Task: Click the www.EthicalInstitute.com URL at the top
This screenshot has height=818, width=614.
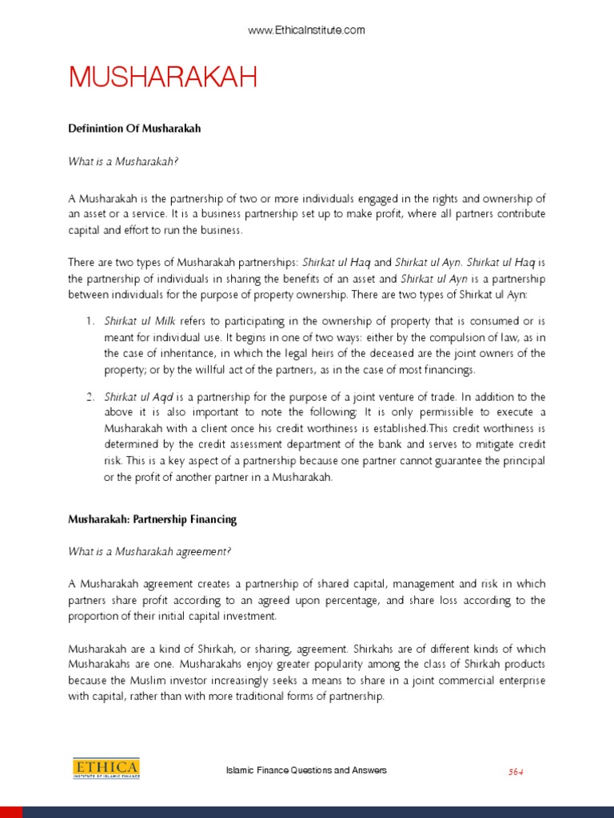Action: coord(306,30)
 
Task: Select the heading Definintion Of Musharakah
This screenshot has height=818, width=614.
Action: coord(134,128)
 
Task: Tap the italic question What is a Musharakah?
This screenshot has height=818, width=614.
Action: coord(123,161)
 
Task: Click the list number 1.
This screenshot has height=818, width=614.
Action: coord(90,320)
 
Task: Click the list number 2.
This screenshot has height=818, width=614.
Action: coord(90,396)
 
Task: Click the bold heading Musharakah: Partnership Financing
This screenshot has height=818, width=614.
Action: coord(153,519)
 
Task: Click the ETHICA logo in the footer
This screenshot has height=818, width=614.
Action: coord(106,768)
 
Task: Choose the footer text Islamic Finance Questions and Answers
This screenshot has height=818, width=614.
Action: coord(307,770)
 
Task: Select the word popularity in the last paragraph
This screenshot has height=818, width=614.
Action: coord(337,664)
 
